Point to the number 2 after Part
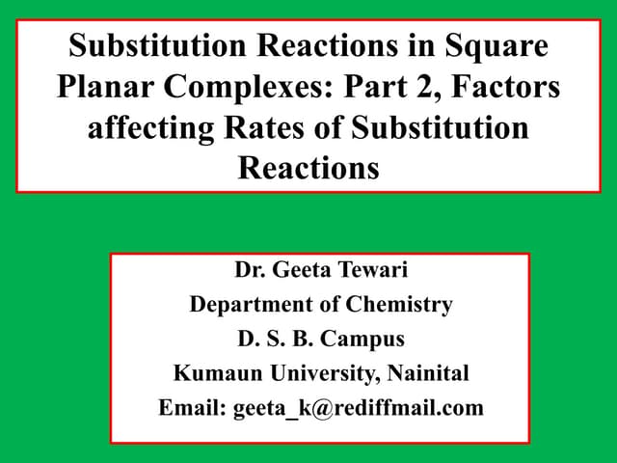440,88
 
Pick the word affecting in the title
149,128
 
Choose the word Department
250,305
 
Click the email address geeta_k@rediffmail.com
358,408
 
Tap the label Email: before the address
192,408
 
